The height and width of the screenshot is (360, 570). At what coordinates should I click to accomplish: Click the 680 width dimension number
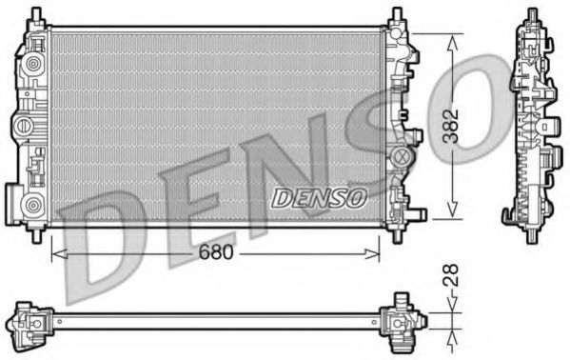(x=214, y=254)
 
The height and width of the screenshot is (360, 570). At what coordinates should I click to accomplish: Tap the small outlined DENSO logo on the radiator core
(x=320, y=198)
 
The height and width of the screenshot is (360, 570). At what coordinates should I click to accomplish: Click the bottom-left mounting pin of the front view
(x=37, y=230)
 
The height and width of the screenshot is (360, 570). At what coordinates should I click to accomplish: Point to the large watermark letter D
(x=105, y=238)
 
